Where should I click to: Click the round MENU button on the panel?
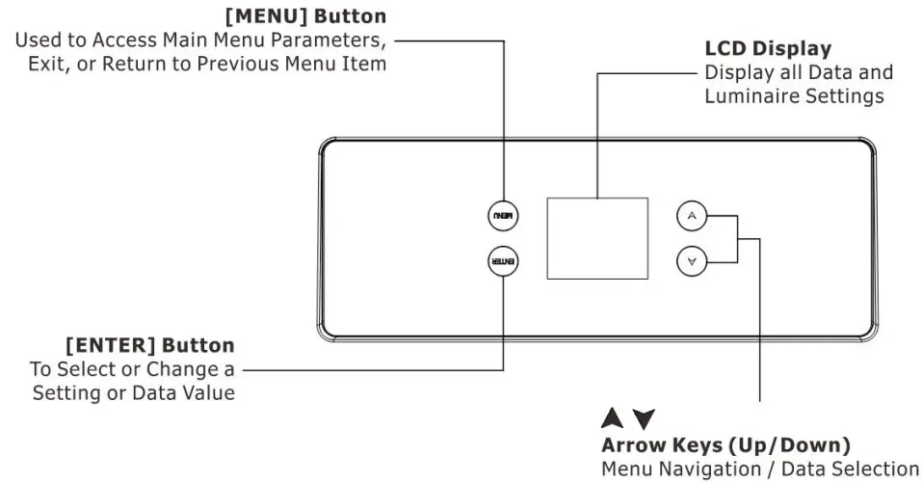tap(503, 216)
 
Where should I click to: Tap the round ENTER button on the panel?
tap(503, 261)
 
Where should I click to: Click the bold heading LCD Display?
tap(768, 48)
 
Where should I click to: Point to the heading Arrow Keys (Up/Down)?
tap(725, 445)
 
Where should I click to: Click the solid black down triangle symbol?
tap(644, 419)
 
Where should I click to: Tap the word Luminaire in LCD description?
tap(748, 96)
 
